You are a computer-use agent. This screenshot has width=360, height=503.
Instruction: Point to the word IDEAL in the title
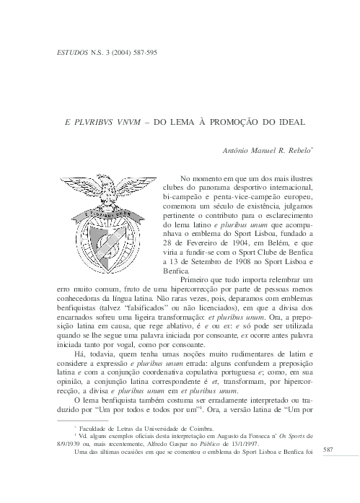tap(291, 123)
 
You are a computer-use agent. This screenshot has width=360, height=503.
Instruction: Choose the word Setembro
tap(203, 263)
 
